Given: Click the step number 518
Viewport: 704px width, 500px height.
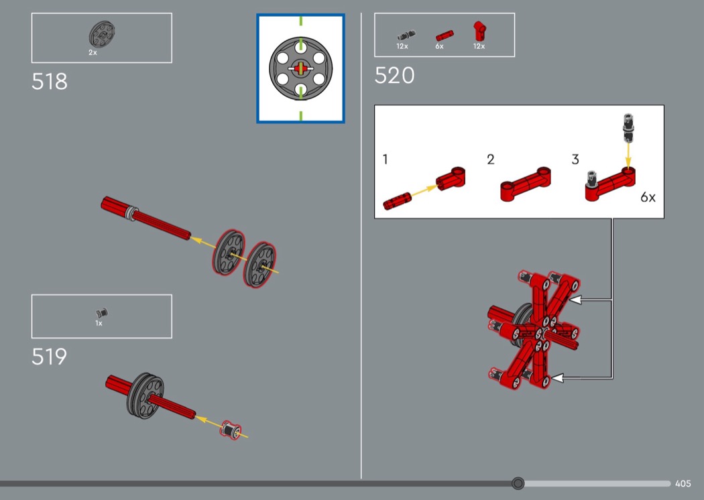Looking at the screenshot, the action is (x=50, y=82).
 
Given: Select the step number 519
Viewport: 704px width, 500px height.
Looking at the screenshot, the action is (x=50, y=357).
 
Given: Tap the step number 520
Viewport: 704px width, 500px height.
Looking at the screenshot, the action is (x=394, y=76).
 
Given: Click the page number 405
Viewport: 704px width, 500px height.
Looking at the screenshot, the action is (x=683, y=483).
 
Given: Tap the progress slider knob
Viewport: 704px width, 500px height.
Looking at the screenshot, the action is (x=518, y=483).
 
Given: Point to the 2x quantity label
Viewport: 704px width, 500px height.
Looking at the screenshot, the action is (x=93, y=52).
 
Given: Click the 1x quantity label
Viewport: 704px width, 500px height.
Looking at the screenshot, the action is (x=99, y=323).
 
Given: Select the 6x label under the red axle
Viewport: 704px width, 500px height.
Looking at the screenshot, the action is (x=439, y=46).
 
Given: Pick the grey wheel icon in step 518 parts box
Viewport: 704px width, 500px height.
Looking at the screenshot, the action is (x=102, y=34).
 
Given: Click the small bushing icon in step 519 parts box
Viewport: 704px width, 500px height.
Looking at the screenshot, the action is (x=102, y=312).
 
